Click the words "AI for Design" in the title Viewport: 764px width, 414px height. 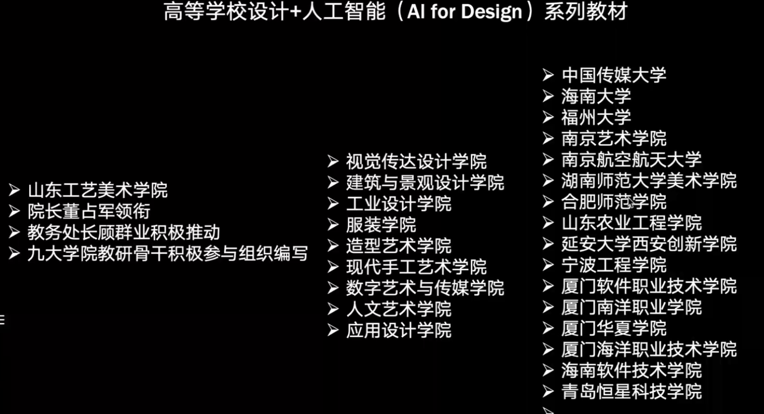pyautogui.click(x=464, y=12)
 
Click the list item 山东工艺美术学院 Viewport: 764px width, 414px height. pyautogui.click(x=97, y=190)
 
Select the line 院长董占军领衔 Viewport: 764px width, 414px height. pyautogui.click(x=89, y=211)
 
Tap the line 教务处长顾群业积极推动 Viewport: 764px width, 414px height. pyautogui.click(x=124, y=232)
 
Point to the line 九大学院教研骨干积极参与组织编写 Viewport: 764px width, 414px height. pyautogui.click(x=167, y=254)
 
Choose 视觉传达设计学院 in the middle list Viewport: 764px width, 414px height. pyautogui.click(x=416, y=162)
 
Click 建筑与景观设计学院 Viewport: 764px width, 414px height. pyautogui.click(x=425, y=182)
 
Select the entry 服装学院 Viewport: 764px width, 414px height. pyautogui.click(x=381, y=225)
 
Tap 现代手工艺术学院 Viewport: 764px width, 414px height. pyautogui.click(x=416, y=267)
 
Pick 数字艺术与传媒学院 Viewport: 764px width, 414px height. pyautogui.click(x=425, y=288)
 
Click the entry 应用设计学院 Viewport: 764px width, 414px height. pyautogui.click(x=399, y=330)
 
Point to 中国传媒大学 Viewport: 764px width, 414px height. pyautogui.click(x=613, y=75)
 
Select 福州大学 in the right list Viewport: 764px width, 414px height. pyautogui.click(x=596, y=117)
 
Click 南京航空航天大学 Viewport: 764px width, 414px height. pyautogui.click(x=631, y=159)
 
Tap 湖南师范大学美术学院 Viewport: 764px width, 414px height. pyautogui.click(x=649, y=181)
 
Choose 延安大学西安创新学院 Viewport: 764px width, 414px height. pyautogui.click(x=649, y=244)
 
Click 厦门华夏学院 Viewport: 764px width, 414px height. pyautogui.click(x=613, y=328)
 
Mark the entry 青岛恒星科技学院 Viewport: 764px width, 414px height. pyautogui.click(x=631, y=391)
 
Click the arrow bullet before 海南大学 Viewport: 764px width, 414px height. pyautogui.click(x=548, y=96)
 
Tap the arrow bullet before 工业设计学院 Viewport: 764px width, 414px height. pyautogui.click(x=333, y=204)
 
